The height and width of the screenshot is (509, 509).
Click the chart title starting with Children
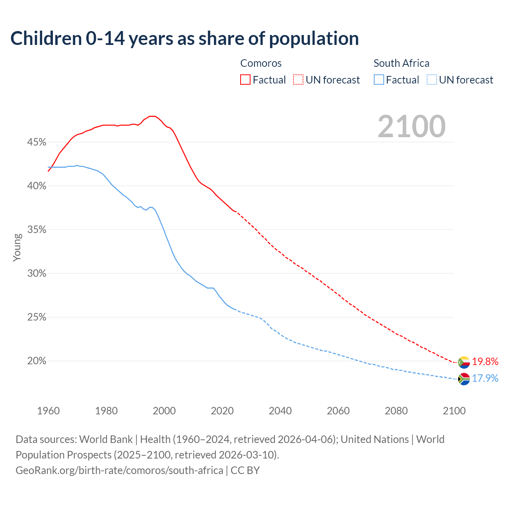185,39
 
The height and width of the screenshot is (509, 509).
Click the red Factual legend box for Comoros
245,80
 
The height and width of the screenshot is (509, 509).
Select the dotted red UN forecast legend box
298,80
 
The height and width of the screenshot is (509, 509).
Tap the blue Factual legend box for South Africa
379,80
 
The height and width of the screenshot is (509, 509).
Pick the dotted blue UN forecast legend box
431,80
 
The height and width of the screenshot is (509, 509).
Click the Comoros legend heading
261,63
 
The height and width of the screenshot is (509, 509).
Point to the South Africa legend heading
401,63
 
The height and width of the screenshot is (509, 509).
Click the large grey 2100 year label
412,126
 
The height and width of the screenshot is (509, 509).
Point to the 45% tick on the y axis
37,142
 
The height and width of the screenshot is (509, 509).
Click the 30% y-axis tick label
37,274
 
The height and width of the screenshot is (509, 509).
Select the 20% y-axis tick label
37,361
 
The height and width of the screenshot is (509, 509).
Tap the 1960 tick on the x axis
49,411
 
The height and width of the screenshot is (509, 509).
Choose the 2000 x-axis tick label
164,411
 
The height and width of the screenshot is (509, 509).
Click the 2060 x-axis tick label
338,411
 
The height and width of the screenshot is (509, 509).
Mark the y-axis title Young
17,247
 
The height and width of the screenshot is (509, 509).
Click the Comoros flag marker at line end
464,362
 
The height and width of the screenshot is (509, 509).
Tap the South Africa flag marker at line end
464,379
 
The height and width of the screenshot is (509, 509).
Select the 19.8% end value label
485,362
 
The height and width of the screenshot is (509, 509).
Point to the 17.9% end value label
485,379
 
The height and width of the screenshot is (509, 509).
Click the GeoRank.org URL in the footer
119,470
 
